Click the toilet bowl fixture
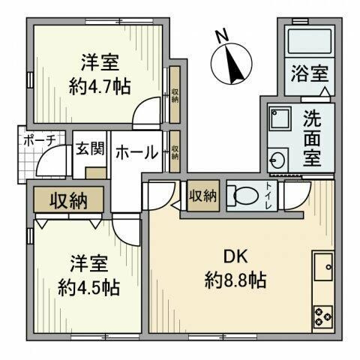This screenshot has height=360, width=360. pos(243,195)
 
